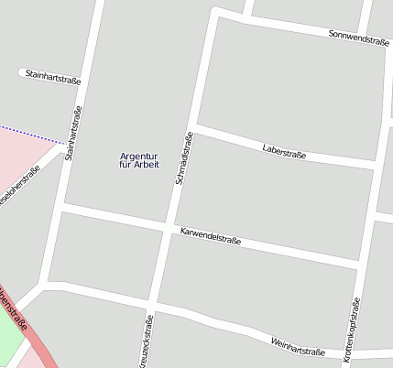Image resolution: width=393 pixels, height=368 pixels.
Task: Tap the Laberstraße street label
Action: [x=283, y=151]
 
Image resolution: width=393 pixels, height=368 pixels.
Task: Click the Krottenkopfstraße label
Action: [x=350, y=330]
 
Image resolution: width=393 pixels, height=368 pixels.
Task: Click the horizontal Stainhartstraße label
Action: [x=53, y=76]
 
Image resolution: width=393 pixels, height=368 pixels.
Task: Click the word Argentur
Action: [x=139, y=156]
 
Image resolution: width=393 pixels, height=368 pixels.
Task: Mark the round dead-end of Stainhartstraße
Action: [x=22, y=71]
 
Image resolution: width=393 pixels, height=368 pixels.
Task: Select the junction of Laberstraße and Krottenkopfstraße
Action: [x=375, y=166]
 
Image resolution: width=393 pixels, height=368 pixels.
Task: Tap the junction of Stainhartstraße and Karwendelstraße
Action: [x=60, y=211]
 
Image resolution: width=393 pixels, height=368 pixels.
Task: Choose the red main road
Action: [x=27, y=329]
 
